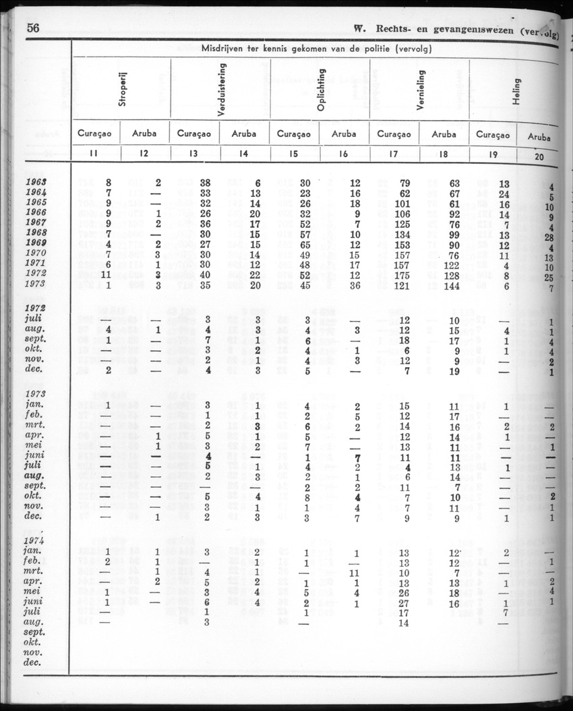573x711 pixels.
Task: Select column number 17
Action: point(394,154)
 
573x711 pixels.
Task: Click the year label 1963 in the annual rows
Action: point(35,182)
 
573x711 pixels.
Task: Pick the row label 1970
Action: point(35,254)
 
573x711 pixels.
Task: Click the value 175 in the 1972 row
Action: point(402,275)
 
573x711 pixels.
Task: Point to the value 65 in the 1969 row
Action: point(305,244)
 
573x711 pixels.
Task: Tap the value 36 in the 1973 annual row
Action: point(355,285)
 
